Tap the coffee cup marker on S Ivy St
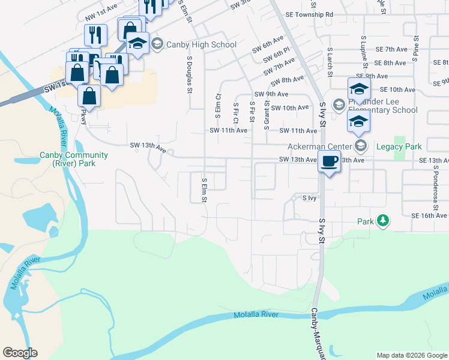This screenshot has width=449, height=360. [x=329, y=162]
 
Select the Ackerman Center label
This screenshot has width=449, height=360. [x=322, y=146]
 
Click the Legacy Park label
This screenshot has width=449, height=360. [x=399, y=146]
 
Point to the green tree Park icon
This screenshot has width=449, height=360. [x=383, y=221]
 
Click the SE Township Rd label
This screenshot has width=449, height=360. [x=309, y=14]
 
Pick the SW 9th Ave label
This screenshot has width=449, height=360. [x=271, y=94]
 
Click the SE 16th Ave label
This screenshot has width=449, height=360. [x=430, y=215]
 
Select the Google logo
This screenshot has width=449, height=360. [x=20, y=353]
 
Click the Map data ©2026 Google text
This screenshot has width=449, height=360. [x=411, y=355]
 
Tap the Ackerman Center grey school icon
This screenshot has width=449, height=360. [x=361, y=146]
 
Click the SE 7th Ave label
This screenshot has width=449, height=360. [x=391, y=49]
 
